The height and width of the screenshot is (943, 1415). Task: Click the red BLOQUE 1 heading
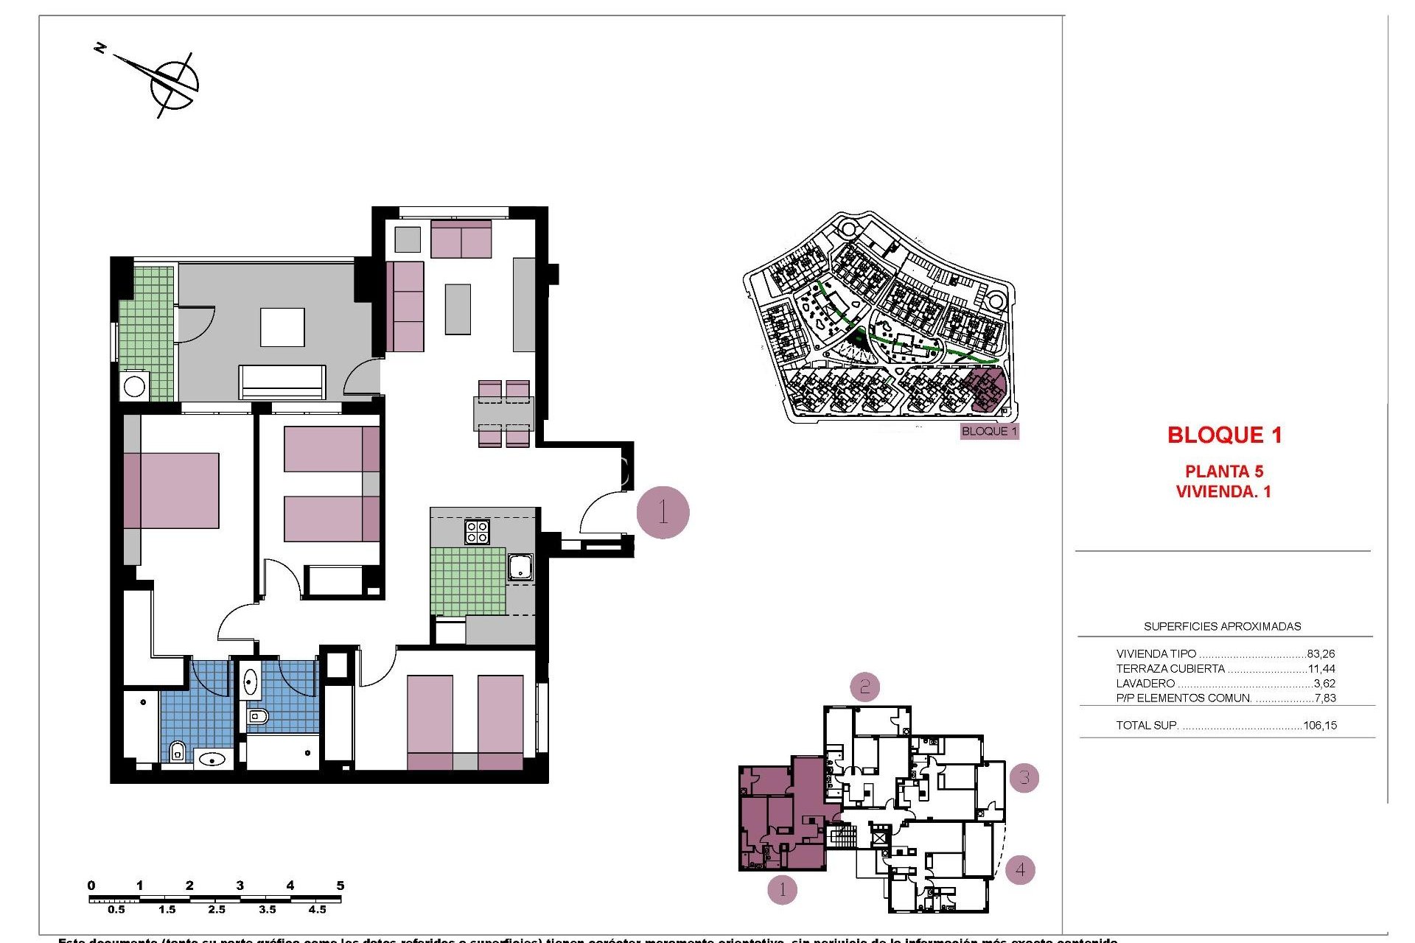coord(1224,435)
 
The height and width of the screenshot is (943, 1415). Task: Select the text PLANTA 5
coord(1223,471)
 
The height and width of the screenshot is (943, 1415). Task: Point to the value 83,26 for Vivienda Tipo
coord(1321,653)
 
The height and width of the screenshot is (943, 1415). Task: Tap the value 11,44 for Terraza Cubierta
coord(1321,669)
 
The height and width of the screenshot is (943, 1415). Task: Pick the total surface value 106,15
coord(1319,725)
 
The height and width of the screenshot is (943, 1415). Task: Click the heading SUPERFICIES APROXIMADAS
coord(1222,626)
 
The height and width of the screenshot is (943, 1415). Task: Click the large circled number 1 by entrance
coord(663,512)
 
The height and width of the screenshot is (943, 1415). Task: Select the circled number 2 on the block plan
coord(864,687)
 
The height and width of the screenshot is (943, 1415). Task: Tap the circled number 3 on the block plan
coord(1024,777)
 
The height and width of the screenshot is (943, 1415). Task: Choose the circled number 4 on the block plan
coord(1020,869)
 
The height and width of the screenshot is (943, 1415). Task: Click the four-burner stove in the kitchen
coord(477,531)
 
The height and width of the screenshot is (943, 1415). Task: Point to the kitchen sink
coord(520,567)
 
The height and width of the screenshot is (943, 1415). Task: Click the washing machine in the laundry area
coord(135,386)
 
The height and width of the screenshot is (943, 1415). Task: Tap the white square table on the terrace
coord(282,327)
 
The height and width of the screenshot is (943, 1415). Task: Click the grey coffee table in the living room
coord(458,309)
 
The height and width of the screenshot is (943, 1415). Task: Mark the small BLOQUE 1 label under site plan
coord(989,431)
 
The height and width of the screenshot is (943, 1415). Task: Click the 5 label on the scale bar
coord(340,886)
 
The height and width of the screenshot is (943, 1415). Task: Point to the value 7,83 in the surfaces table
coord(1324,698)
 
